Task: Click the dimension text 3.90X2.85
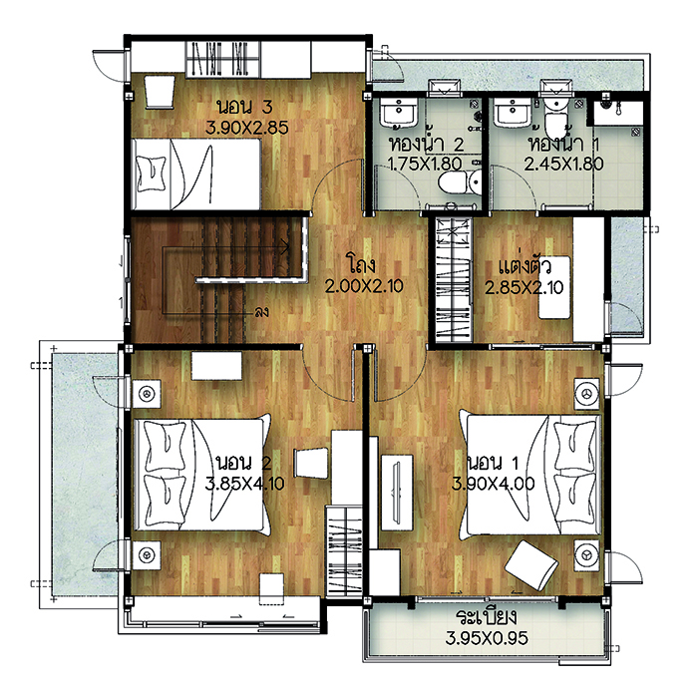tap(247, 128)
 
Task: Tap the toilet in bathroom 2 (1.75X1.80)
tap(459, 182)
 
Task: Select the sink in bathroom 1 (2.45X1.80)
tap(513, 113)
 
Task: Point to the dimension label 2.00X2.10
tap(364, 286)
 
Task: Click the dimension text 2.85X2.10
tap(523, 287)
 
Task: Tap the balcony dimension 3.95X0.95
tap(487, 638)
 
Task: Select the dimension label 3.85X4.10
tap(244, 484)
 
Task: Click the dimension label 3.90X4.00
tap(494, 484)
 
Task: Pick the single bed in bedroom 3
tap(196, 174)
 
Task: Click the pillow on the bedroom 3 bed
tap(152, 173)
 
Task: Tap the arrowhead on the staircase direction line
tap(285, 246)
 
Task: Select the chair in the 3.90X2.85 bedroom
tap(160, 92)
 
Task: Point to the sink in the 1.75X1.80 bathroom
tap(399, 113)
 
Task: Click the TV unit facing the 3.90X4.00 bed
tap(397, 493)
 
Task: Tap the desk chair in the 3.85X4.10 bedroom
tap(311, 464)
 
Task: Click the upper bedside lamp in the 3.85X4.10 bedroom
tap(147, 394)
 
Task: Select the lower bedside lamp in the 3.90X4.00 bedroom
tap(587, 554)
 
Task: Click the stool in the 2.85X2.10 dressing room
tap(554, 287)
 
